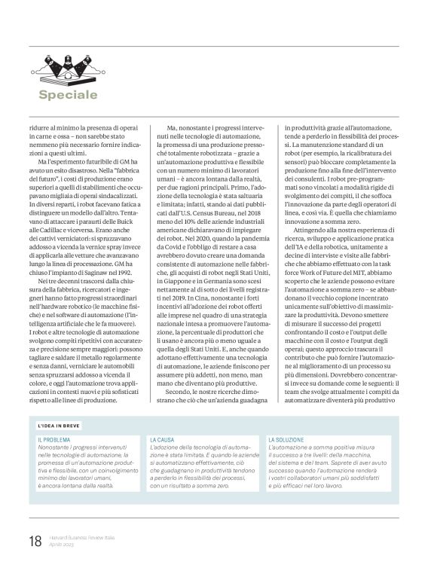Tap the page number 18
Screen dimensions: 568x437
(34, 541)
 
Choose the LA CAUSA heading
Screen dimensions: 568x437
(163, 438)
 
